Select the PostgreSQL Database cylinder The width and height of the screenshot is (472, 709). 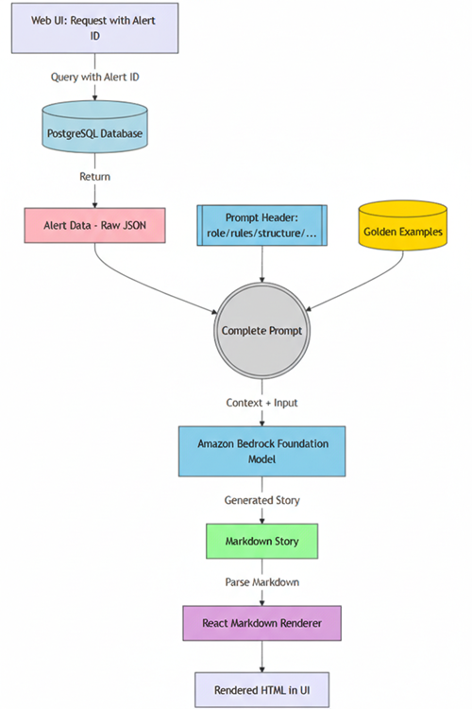click(95, 133)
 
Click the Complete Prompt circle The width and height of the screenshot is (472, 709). click(261, 331)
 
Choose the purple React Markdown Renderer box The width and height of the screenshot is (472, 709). click(261, 624)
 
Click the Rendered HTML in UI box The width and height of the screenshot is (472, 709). click(261, 689)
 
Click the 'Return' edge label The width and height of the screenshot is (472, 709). click(95, 176)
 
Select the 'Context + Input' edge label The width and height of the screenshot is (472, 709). click(261, 403)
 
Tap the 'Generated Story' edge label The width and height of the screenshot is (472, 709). click(261, 498)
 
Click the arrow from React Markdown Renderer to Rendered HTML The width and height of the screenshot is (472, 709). click(261, 657)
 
